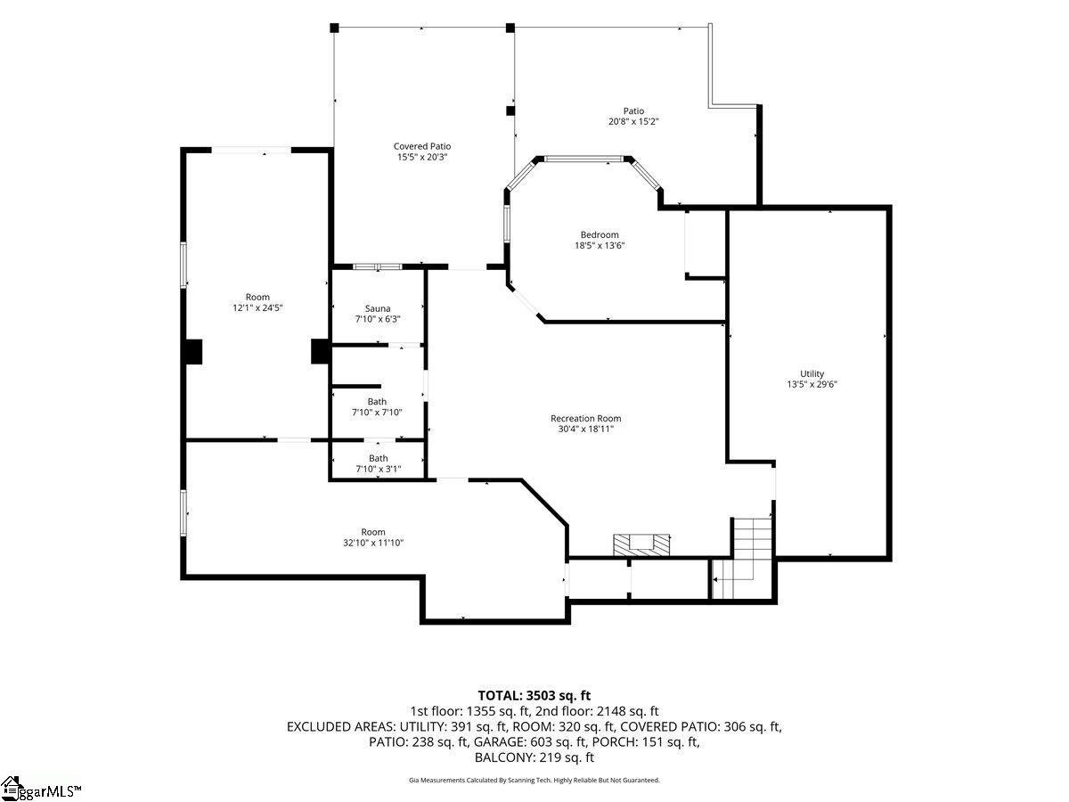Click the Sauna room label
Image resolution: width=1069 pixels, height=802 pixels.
tap(378, 308)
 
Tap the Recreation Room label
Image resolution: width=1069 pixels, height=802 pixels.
tap(585, 418)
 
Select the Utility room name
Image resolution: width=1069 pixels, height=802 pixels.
tap(812, 373)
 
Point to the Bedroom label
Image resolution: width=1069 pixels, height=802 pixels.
tap(600, 234)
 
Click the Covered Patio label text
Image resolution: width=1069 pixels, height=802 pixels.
tap(421, 146)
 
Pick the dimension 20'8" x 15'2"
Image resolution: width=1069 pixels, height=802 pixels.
tap(633, 121)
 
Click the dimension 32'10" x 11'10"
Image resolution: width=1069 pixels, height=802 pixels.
tap(373, 543)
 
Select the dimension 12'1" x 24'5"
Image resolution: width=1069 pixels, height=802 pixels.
tap(257, 307)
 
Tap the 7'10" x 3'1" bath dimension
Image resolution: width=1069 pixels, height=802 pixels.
tap(378, 469)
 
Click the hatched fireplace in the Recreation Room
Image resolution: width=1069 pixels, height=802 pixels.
tap(641, 544)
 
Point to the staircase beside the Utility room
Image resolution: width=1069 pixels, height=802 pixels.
tap(741, 558)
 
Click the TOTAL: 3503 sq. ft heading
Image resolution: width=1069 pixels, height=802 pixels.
tap(534, 695)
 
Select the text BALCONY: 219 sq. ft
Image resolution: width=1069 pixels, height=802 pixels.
tap(534, 757)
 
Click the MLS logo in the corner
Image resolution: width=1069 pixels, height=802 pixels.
tap(40, 789)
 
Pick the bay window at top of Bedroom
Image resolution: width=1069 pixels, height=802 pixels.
tap(583, 159)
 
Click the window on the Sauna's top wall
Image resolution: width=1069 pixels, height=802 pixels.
tap(378, 266)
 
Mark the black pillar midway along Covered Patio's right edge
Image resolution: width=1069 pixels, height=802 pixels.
tap(510, 110)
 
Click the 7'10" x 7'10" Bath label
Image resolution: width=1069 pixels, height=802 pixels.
tap(377, 407)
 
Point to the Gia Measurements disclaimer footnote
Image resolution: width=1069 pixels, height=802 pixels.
tap(534, 780)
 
